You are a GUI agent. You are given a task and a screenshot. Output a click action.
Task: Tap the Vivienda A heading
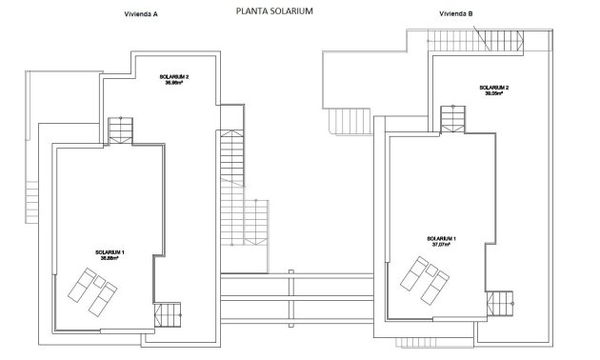(140, 15)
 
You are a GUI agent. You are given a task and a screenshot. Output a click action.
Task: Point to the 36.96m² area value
(174, 83)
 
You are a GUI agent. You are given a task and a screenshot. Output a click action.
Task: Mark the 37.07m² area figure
(440, 244)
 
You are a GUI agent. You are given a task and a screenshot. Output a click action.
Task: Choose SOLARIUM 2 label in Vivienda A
(174, 76)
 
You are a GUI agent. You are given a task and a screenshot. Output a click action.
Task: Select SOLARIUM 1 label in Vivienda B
(441, 237)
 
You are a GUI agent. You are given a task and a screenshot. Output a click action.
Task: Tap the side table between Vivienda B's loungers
(425, 276)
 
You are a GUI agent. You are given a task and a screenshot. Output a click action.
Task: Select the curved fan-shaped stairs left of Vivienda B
(341, 122)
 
